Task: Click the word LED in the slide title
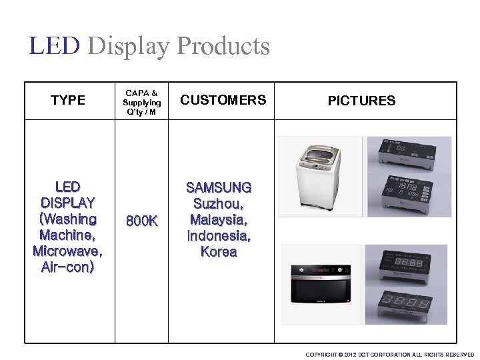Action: pyautogui.click(x=55, y=46)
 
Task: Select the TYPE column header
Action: pyautogui.click(x=68, y=101)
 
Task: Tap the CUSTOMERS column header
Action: pyautogui.click(x=223, y=101)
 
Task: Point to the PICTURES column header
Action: pyautogui.click(x=361, y=101)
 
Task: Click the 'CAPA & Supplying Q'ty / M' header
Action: pyautogui.click(x=141, y=102)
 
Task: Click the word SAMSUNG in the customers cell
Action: pyautogui.click(x=219, y=188)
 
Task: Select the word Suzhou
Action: pyautogui.click(x=218, y=204)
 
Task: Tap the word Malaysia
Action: pyautogui.click(x=219, y=220)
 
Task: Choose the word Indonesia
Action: pyautogui.click(x=219, y=236)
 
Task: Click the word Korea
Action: pyautogui.click(x=219, y=252)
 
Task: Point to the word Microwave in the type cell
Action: pyautogui.click(x=67, y=252)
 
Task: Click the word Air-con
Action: pyautogui.click(x=67, y=268)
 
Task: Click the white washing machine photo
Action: pyautogui.click(x=321, y=177)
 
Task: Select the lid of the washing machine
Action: pyautogui.click(x=319, y=157)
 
